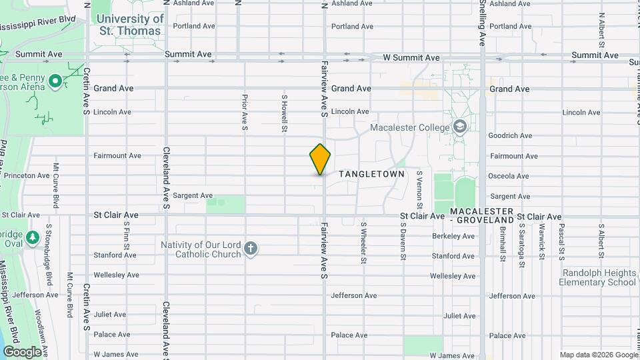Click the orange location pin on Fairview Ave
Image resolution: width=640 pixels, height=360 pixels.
(320, 159)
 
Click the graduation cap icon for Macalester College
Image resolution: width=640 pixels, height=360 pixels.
(459, 127)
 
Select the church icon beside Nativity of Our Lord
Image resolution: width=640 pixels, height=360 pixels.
(251, 249)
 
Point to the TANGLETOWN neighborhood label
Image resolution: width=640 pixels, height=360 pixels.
(371, 174)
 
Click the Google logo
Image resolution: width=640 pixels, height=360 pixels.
(22, 351)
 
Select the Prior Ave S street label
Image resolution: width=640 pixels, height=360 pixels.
(245, 112)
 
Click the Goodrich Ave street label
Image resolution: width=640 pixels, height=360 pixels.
(510, 135)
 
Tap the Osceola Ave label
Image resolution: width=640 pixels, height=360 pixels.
(509, 176)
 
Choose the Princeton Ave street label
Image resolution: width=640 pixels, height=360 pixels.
(25, 176)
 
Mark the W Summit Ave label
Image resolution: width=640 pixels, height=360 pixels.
(411, 58)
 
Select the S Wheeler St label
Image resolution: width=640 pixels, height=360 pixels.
(364, 242)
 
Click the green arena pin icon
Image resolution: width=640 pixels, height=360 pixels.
(56, 82)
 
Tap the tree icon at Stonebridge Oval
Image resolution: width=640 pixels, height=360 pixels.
(32, 237)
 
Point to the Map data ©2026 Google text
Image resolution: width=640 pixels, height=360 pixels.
(597, 355)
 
